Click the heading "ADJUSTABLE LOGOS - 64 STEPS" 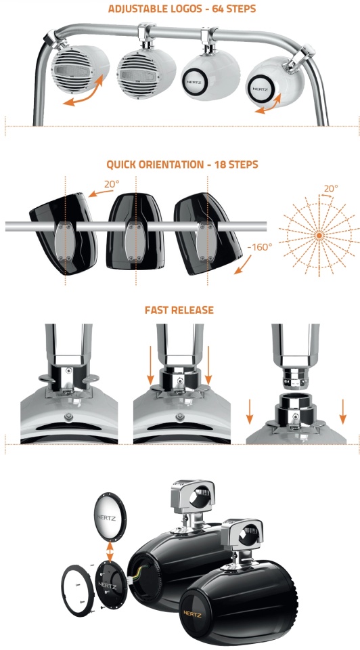[182, 8]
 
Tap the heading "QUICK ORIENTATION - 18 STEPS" [182, 164]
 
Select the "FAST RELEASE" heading [179, 310]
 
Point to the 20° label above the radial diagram [331, 188]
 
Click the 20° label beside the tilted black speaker [112, 183]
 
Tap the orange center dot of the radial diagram [319, 236]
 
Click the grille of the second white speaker [136, 73]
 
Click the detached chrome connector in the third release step [295, 377]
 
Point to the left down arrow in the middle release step [151, 365]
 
